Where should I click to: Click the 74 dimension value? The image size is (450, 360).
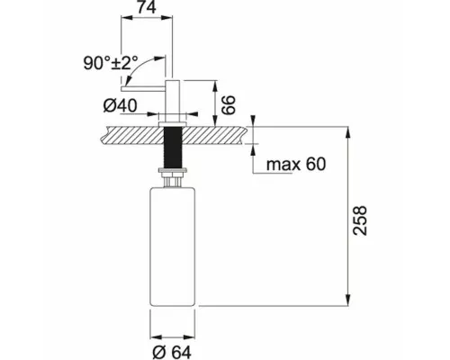point(147,7)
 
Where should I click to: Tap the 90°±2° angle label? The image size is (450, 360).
point(111,63)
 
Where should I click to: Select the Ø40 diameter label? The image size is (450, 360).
point(120,105)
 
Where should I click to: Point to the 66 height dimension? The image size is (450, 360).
point(229,105)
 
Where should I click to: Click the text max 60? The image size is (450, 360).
point(296,164)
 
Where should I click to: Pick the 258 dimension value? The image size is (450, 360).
point(360,220)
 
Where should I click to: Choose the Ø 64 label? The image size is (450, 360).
point(172,352)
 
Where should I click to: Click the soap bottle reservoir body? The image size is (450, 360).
point(173,247)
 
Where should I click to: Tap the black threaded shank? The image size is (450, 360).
point(173,148)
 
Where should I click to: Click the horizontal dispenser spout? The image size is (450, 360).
point(143,89)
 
